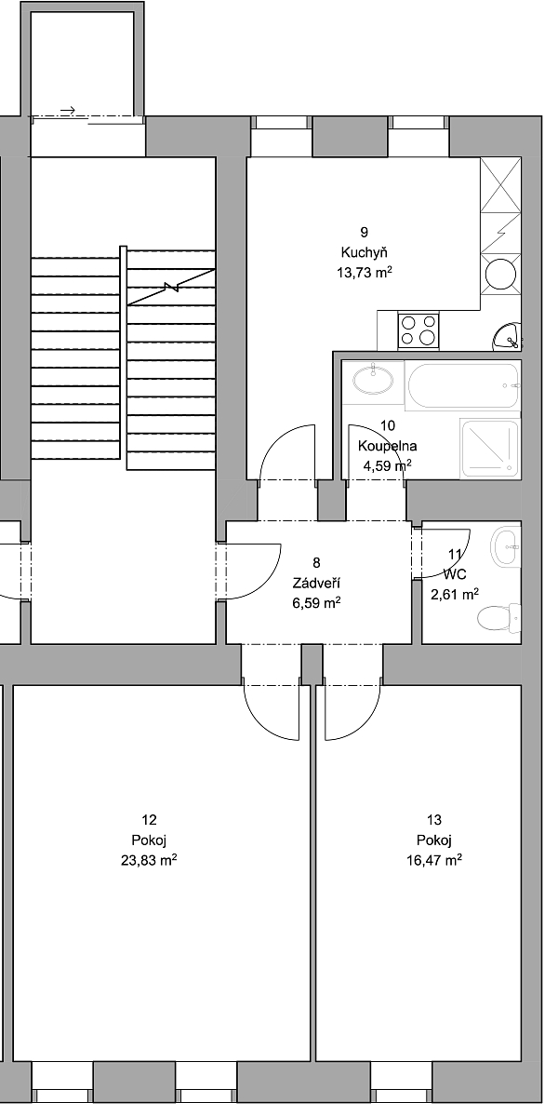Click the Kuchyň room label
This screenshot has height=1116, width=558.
364,252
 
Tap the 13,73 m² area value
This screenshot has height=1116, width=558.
365,272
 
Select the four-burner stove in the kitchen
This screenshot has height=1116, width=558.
418,331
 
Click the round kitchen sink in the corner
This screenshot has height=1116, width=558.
508,336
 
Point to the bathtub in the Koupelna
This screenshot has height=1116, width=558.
463,385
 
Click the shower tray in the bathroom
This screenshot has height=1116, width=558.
490,449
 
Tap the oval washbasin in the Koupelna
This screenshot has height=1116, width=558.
373,380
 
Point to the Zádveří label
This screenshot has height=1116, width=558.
316,583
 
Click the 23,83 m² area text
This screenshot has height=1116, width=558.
150,860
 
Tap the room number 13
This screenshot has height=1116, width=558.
434,820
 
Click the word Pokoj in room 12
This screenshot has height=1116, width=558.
150,840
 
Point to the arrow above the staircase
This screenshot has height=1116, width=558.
68,111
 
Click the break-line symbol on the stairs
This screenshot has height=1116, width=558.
170,287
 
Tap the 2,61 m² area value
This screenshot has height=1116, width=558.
455,594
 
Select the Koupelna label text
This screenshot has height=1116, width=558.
388,446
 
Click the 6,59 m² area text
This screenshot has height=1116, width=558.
316,603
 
